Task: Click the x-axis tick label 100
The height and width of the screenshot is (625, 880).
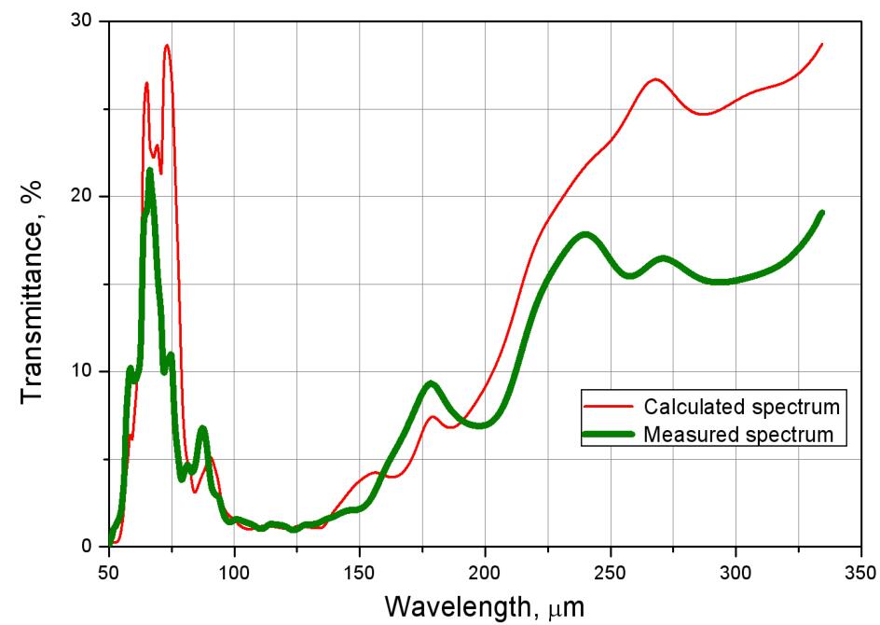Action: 234,569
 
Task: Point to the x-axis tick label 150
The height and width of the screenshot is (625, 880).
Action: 360,569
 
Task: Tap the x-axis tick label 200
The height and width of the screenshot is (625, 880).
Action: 485,569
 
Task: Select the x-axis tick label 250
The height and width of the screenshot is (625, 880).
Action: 611,569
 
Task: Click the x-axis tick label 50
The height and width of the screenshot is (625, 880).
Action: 109,569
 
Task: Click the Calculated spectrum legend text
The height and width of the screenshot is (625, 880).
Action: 743,407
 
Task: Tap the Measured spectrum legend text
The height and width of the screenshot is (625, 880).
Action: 737,434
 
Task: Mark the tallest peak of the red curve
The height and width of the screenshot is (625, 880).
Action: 167,45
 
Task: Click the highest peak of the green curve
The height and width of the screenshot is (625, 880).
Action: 150,171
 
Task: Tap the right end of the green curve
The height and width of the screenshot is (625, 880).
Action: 822,213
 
